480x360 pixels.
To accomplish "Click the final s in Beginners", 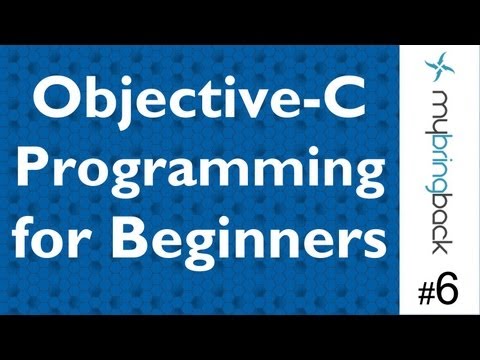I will [372, 246].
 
